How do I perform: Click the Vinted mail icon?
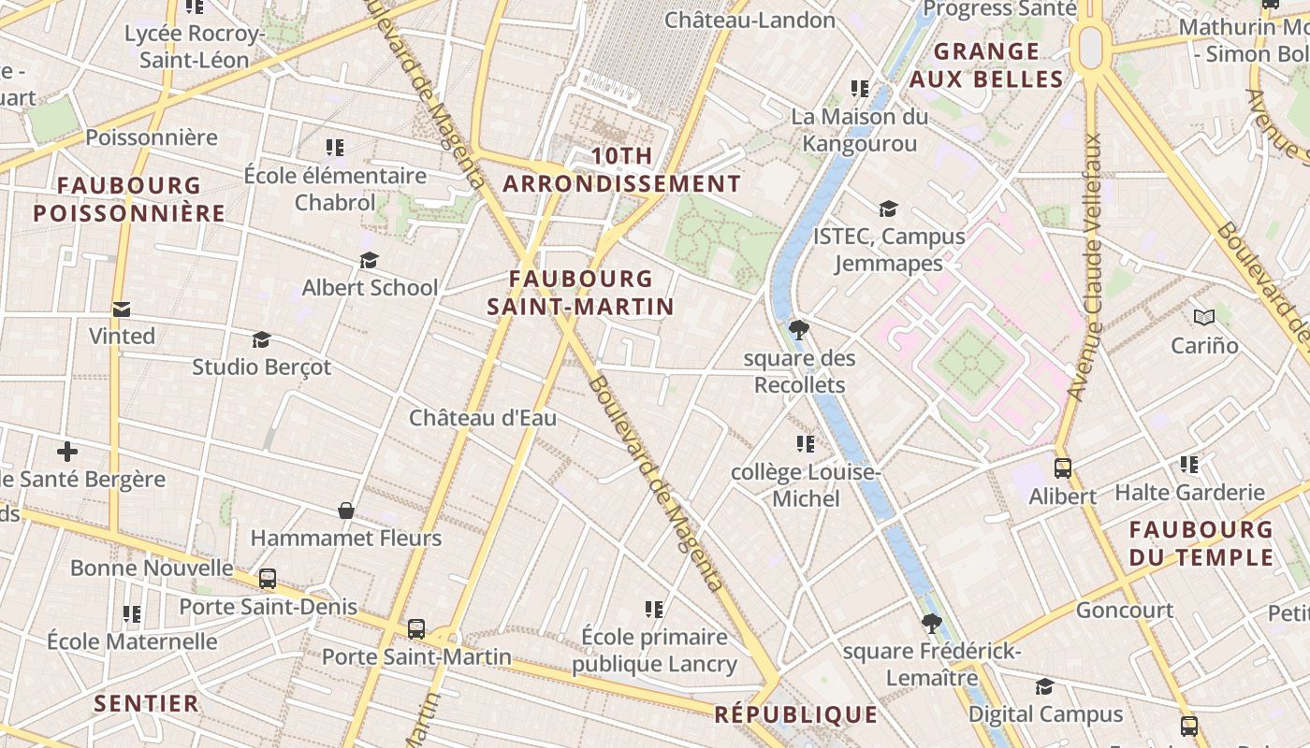point(121,309)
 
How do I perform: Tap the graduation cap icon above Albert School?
point(369,260)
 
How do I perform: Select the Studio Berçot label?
point(262,367)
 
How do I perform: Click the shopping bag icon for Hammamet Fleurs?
point(346,511)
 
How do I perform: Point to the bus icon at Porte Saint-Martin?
point(416,629)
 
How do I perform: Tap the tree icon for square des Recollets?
point(798,329)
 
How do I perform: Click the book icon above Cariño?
point(1203,318)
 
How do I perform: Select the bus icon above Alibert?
point(1062,467)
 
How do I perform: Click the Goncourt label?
point(1124,611)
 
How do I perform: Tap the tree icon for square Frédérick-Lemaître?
point(930,623)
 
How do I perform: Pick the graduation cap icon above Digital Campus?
point(1044,687)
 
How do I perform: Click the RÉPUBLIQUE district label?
point(795,715)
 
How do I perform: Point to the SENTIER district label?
point(146,703)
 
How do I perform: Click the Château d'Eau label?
point(482,418)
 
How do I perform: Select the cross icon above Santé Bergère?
point(67,452)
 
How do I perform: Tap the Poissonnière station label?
point(152,137)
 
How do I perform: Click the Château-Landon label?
point(750,20)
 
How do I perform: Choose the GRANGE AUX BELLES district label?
point(986,65)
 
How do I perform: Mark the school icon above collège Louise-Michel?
point(805,443)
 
